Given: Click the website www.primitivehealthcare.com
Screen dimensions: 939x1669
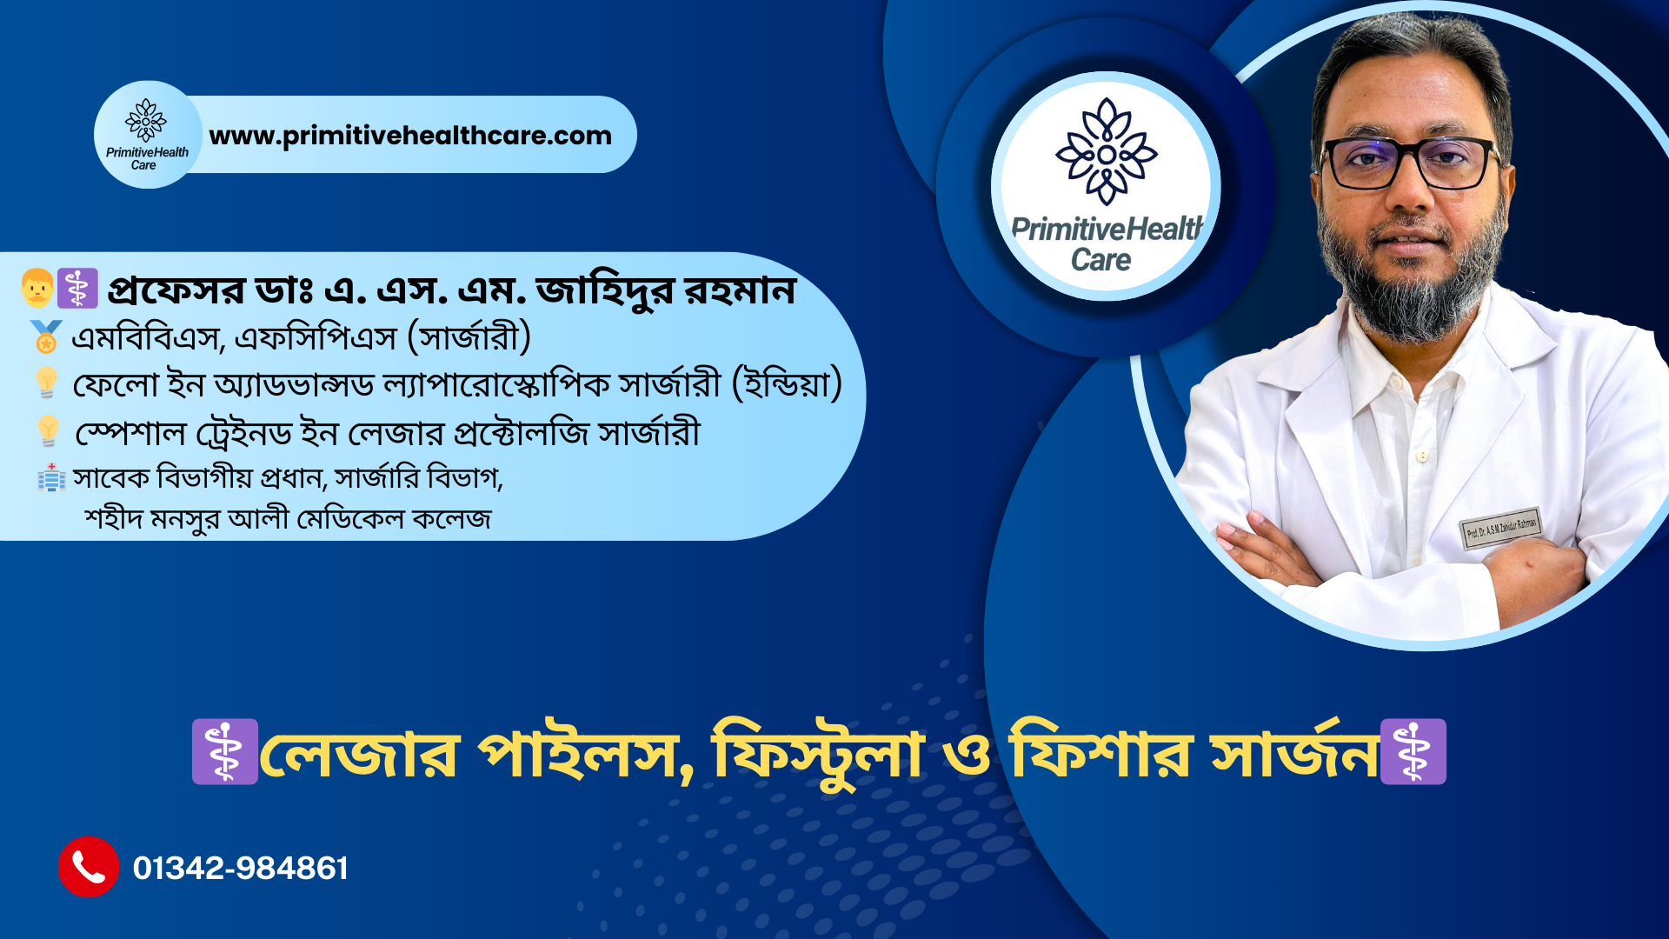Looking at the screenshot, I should point(410,136).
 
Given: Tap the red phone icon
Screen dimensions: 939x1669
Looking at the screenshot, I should point(89,867).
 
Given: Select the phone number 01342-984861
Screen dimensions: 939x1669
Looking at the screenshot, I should point(241,868).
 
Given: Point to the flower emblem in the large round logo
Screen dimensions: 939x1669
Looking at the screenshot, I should point(1106,151).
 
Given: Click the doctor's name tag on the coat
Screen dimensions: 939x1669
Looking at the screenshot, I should point(1501,528).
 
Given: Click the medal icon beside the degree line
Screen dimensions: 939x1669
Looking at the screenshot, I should point(46,337).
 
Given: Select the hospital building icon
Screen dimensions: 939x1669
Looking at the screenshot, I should point(51,477).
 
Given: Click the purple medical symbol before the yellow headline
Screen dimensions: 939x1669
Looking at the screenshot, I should point(225,752).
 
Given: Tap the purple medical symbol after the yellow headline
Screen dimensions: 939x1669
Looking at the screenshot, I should point(1413,752).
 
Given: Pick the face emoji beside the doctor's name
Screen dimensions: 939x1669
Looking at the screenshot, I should point(37,288).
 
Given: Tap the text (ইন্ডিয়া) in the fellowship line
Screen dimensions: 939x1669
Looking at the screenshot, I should point(788,383).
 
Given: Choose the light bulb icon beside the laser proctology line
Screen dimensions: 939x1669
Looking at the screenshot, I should point(49,431).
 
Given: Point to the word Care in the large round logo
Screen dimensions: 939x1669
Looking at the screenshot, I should point(1100,259).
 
